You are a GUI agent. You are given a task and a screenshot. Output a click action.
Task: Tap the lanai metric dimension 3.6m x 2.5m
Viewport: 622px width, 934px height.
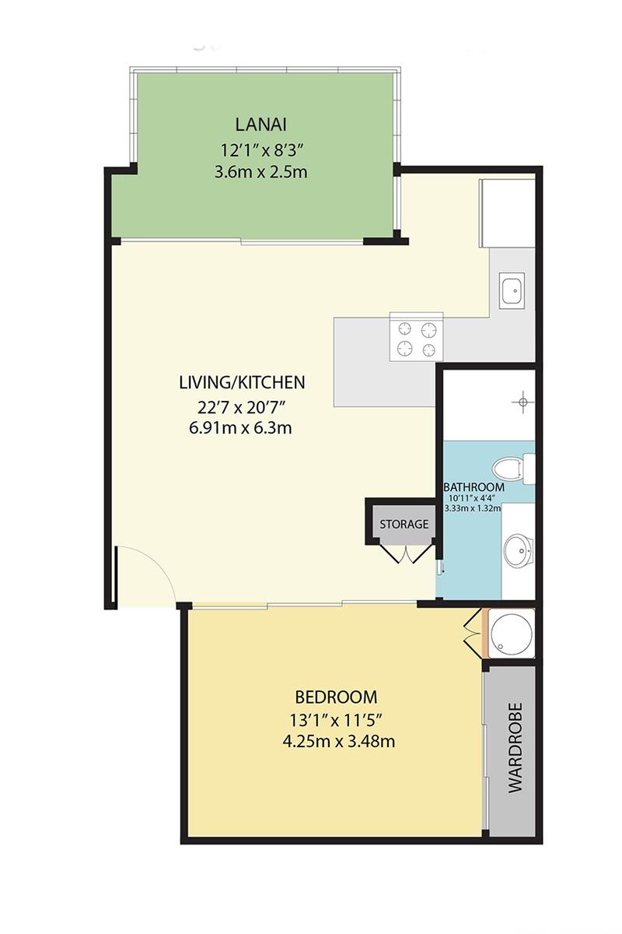260,171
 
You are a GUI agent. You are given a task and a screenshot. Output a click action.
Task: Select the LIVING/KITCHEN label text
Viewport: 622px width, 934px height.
241,382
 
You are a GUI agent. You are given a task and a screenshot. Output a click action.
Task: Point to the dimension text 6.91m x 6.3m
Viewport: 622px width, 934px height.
241,427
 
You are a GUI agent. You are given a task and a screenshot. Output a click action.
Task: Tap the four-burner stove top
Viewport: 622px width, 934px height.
416,339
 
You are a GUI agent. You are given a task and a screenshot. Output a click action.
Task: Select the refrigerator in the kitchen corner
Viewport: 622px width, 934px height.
507,213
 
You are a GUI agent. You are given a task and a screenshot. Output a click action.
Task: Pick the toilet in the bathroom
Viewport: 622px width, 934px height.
513,469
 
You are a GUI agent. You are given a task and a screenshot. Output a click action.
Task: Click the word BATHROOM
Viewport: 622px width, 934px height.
473,487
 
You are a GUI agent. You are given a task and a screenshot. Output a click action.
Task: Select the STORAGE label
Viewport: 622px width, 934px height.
404,524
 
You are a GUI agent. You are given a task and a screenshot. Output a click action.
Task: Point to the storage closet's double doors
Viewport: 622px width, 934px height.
405,553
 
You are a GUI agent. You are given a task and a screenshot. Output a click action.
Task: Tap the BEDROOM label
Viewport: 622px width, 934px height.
336,697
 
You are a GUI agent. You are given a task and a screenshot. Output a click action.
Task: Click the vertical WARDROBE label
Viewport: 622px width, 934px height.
515,748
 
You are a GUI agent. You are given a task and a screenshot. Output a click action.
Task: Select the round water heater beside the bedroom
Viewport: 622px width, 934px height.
511,634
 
